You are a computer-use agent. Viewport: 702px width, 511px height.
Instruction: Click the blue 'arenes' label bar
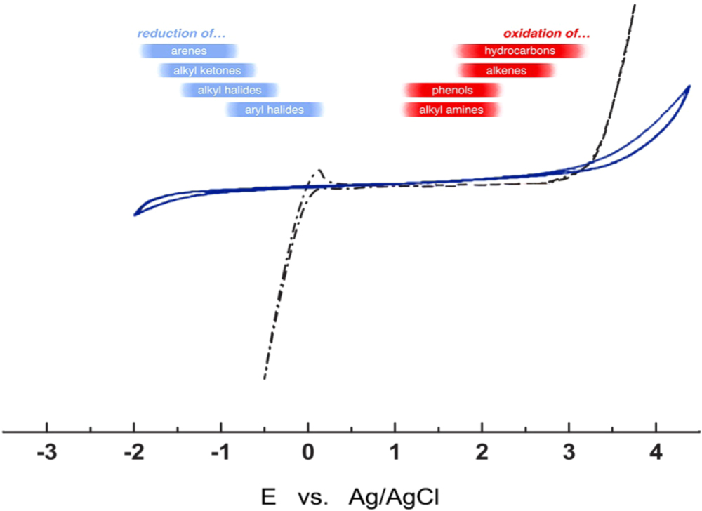pos(188,51)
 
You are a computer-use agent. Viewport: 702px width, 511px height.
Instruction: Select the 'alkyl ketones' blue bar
pos(207,71)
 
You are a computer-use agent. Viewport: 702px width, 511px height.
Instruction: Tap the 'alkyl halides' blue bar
pos(230,91)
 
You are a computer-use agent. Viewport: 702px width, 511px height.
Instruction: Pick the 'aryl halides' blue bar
pos(274,110)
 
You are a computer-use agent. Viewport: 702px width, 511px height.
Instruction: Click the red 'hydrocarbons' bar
pos(520,51)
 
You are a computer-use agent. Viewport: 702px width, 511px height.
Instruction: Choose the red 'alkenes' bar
pos(506,71)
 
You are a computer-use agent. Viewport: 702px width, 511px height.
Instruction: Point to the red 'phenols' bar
pos(452,91)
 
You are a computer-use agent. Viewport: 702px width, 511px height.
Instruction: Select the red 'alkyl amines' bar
pos(451,110)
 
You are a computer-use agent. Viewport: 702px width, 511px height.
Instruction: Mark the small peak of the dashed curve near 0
pos(320,170)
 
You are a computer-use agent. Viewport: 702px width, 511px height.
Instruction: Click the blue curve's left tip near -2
pos(135,213)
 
